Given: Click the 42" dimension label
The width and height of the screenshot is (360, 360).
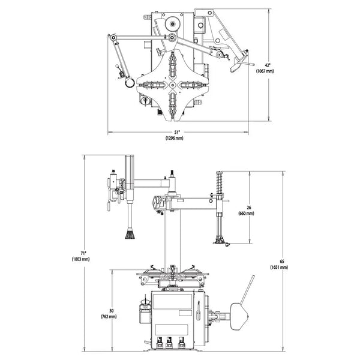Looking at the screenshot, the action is [x=268, y=65].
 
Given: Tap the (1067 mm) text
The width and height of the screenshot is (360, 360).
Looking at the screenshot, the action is [x=265, y=71].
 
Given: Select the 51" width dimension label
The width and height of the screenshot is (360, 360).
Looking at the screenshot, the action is [x=177, y=132].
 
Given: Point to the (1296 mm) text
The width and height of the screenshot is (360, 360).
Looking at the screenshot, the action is [x=175, y=138].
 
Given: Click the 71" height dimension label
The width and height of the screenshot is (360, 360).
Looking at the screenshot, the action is [x=83, y=253].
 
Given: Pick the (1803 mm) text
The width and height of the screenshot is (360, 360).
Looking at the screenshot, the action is [x=80, y=259].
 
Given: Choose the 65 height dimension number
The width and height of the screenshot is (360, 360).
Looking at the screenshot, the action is [x=282, y=261].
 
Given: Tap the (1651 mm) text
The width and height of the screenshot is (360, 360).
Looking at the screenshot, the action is [x=279, y=267].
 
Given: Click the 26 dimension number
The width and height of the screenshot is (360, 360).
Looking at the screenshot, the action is [x=249, y=208].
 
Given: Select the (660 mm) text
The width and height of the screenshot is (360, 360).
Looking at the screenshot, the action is [x=247, y=214].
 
